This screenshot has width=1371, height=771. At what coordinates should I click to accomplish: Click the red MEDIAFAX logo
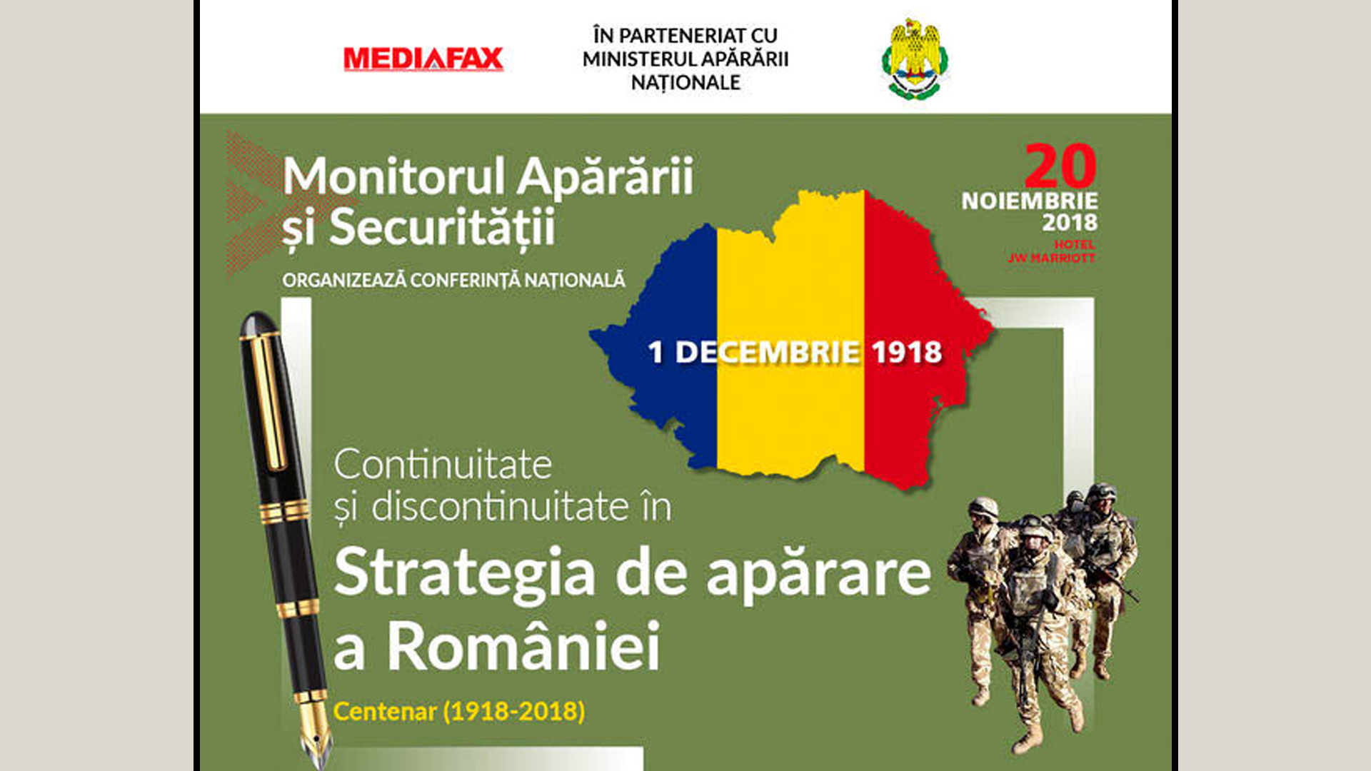[423, 59]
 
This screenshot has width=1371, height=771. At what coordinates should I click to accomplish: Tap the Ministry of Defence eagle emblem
[915, 59]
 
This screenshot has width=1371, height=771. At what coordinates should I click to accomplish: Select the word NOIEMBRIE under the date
[1030, 201]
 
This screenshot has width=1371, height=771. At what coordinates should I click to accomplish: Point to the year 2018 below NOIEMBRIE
[1070, 223]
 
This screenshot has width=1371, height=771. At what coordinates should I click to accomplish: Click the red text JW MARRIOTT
[1051, 258]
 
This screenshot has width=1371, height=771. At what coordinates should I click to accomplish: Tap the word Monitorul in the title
[394, 176]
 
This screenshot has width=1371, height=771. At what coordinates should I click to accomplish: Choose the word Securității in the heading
[442, 228]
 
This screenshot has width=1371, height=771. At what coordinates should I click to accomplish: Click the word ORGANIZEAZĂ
[344, 280]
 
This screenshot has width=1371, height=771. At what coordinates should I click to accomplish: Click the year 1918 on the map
[907, 352]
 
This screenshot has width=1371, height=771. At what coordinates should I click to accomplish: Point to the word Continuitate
[443, 465]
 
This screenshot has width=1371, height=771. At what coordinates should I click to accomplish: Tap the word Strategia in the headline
[464, 574]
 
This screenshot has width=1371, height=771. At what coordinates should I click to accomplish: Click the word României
[523, 645]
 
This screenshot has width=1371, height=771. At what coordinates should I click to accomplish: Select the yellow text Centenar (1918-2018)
[459, 711]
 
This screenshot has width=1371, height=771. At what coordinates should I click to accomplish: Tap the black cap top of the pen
[258, 325]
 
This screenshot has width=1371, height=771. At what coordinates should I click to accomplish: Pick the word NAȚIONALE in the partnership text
[685, 83]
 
